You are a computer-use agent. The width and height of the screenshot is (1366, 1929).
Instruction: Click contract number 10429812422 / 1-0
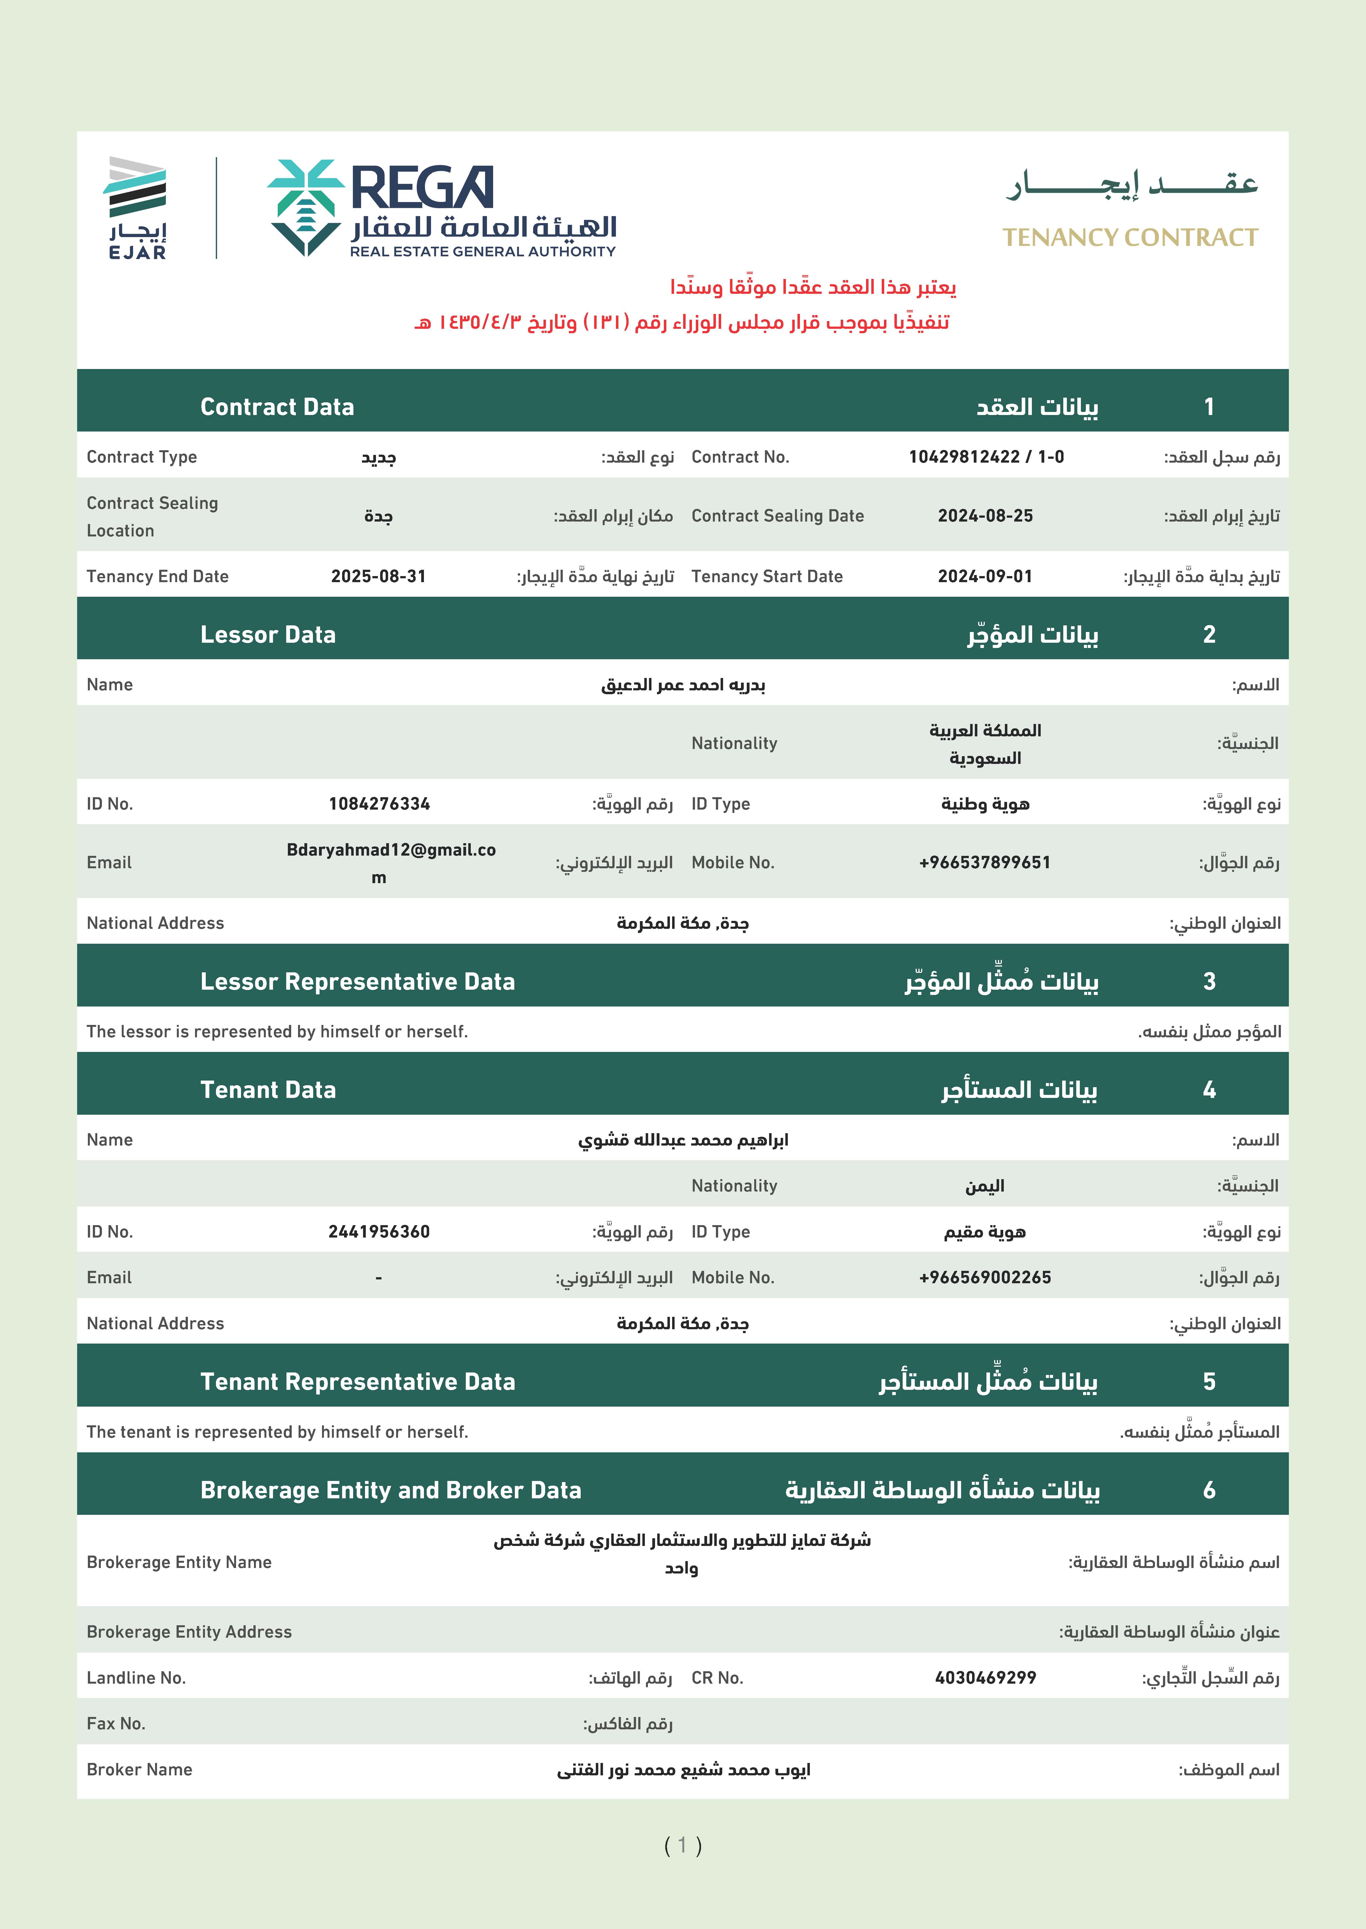(x=986, y=457)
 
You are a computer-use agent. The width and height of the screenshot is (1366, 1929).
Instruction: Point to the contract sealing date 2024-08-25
(x=985, y=516)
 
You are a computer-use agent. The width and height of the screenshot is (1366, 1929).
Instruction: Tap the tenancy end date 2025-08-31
(x=378, y=576)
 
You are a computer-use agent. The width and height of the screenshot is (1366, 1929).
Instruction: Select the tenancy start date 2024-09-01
(x=985, y=576)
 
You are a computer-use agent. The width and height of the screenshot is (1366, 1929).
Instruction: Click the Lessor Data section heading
(x=267, y=635)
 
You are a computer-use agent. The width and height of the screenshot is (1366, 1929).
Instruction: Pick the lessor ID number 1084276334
(x=379, y=804)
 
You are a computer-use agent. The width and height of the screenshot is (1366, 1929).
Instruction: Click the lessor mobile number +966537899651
(x=985, y=863)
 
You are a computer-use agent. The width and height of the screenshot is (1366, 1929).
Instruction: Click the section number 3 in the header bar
(x=1209, y=981)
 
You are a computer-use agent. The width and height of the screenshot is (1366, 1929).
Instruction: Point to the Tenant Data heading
(x=267, y=1090)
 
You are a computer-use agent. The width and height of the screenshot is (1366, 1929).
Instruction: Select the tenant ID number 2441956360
(x=379, y=1232)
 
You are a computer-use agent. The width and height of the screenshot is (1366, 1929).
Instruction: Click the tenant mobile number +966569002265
(x=985, y=1277)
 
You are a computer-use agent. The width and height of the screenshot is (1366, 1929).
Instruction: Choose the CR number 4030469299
(x=985, y=1678)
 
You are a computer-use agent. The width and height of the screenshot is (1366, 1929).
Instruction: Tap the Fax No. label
(x=116, y=1724)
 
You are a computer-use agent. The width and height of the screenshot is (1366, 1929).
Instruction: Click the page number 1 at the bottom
(x=682, y=1845)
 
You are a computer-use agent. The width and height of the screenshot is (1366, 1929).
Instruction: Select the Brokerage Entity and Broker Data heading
(x=390, y=1490)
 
